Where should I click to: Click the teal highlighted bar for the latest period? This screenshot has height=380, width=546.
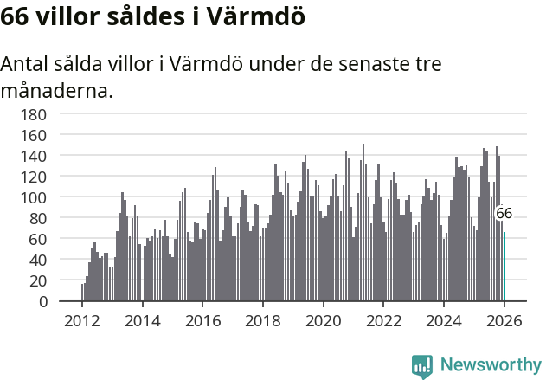[x=504, y=267]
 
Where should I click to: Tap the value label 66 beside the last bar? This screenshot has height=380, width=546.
[x=504, y=213]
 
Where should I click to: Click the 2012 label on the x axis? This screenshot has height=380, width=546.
[x=82, y=321]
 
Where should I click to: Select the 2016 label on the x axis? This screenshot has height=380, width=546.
[x=202, y=321]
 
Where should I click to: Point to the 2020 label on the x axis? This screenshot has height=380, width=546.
[x=324, y=321]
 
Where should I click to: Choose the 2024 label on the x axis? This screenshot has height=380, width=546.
[x=444, y=321]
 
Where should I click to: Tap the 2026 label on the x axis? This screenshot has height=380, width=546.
[x=504, y=321]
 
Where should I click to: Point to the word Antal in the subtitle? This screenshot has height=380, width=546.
[x=27, y=65]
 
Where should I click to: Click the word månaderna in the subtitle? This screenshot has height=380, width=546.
[x=57, y=90]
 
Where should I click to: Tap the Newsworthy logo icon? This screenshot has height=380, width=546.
[x=422, y=365]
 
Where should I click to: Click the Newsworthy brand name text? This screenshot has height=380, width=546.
[x=490, y=365]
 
